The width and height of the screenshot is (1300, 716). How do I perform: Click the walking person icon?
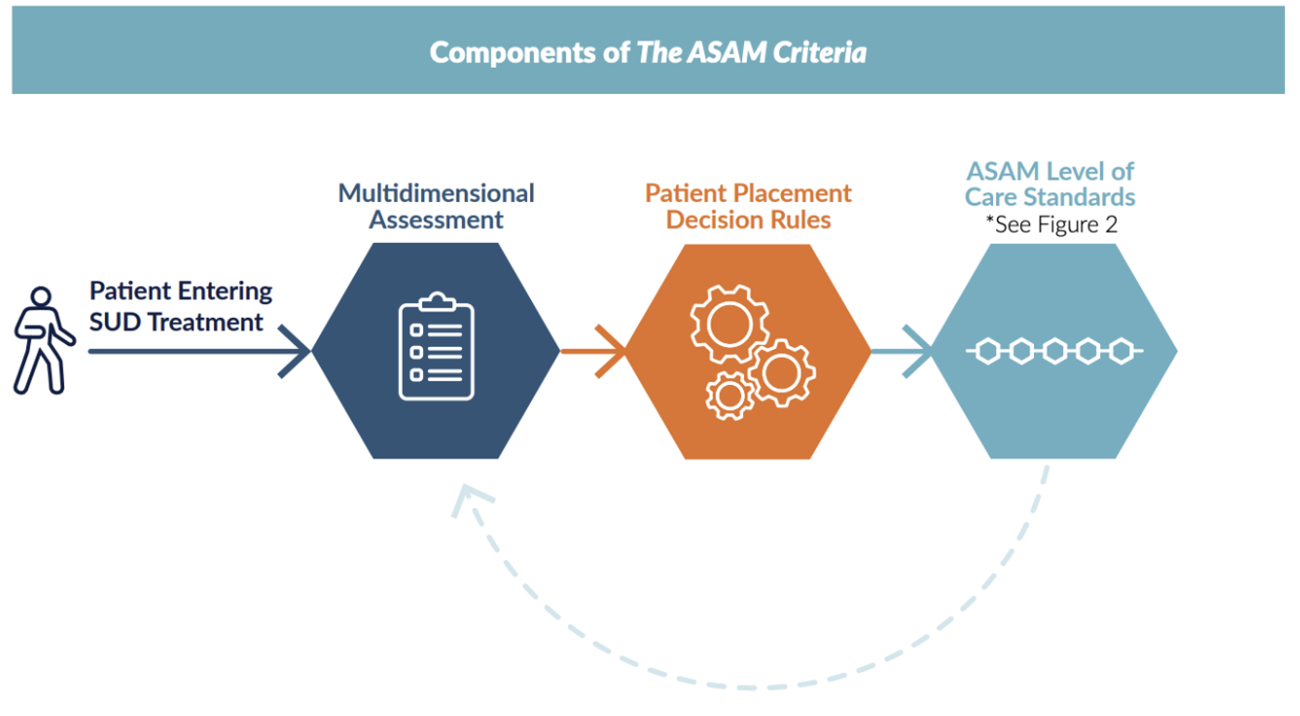coord(43,339)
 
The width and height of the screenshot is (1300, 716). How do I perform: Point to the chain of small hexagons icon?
coord(1054,351)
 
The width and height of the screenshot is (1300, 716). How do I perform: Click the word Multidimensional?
coord(436,193)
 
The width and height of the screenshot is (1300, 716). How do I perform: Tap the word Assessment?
coord(436,220)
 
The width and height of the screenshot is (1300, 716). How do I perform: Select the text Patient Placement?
coord(749,193)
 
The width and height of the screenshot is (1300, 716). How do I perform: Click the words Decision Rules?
coord(749,220)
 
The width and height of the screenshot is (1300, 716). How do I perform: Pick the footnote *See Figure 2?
coord(1052,224)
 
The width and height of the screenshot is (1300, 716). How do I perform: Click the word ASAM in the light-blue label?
coord(1003,171)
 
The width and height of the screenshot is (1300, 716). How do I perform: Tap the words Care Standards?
coord(1050,197)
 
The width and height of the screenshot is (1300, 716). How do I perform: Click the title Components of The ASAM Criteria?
coord(648,52)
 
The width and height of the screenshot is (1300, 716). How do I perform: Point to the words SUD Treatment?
coord(177,323)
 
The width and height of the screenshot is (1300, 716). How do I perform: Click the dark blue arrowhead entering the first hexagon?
coord(296,351)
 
